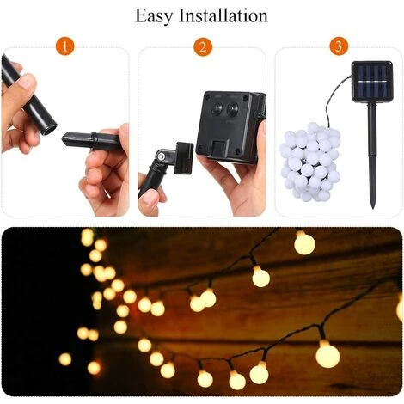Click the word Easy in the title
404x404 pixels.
pos(154,16)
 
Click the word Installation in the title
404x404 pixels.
pos(223,15)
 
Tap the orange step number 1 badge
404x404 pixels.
pos(65,46)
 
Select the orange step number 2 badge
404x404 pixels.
pos(203,46)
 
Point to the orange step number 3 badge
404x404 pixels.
pos(339,46)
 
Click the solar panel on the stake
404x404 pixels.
pos(372,82)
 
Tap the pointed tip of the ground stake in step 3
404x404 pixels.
pos(373,207)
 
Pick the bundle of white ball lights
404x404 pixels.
pos(310,162)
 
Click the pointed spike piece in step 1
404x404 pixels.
pos(91,141)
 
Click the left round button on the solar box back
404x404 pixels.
pos(217,108)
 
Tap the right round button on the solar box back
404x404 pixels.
pos(233,109)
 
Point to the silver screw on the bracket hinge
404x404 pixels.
pos(162,156)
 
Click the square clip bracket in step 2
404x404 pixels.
pos(184,158)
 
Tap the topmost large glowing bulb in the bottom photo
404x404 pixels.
pos(304,243)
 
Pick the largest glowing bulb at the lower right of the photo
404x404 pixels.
pos(327,354)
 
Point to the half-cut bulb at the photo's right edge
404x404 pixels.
pos(400,308)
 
